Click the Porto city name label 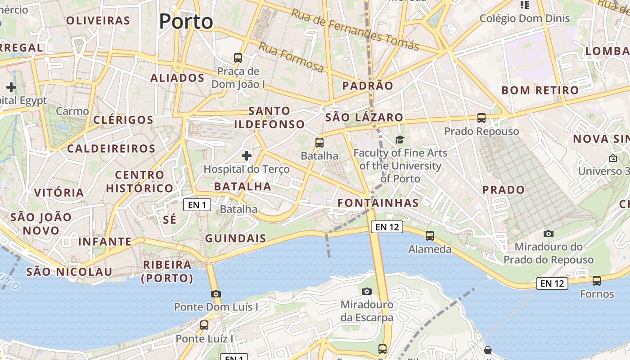click(x=186, y=22)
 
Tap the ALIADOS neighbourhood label click(x=177, y=78)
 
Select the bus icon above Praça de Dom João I click(x=238, y=58)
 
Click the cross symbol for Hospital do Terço click(x=246, y=156)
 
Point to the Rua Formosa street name click(x=291, y=57)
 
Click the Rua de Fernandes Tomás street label click(x=355, y=29)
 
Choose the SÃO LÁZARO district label click(x=364, y=117)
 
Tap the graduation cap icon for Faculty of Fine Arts click(x=400, y=140)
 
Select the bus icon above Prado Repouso click(x=481, y=118)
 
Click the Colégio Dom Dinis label click(x=525, y=18)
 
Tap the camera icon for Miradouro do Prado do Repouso click(x=548, y=234)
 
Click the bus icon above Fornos click(x=597, y=281)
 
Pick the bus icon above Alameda click(x=430, y=235)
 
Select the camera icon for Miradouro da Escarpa click(x=367, y=291)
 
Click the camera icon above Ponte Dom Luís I click(x=216, y=294)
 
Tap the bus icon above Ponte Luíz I click(x=204, y=325)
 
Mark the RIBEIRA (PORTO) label click(x=167, y=271)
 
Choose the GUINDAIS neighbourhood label click(x=235, y=238)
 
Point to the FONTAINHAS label click(x=378, y=203)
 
